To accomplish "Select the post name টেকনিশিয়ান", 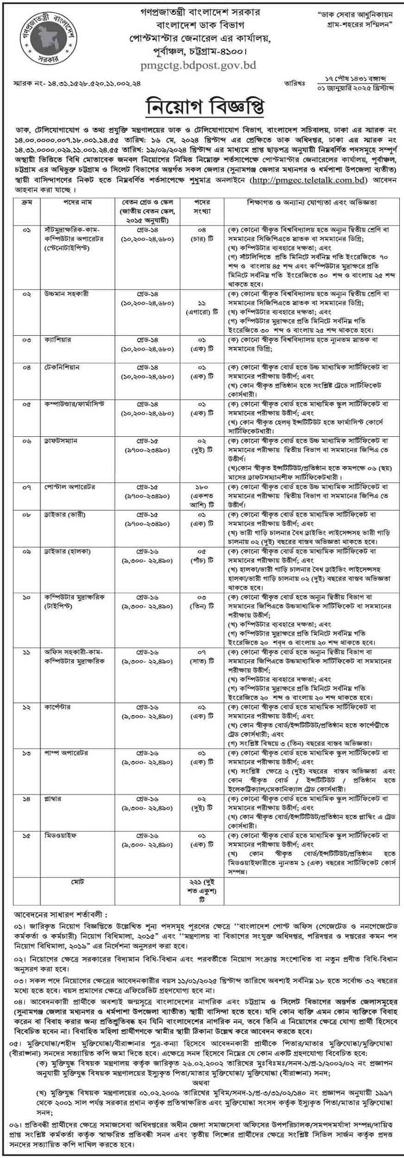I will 62,367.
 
